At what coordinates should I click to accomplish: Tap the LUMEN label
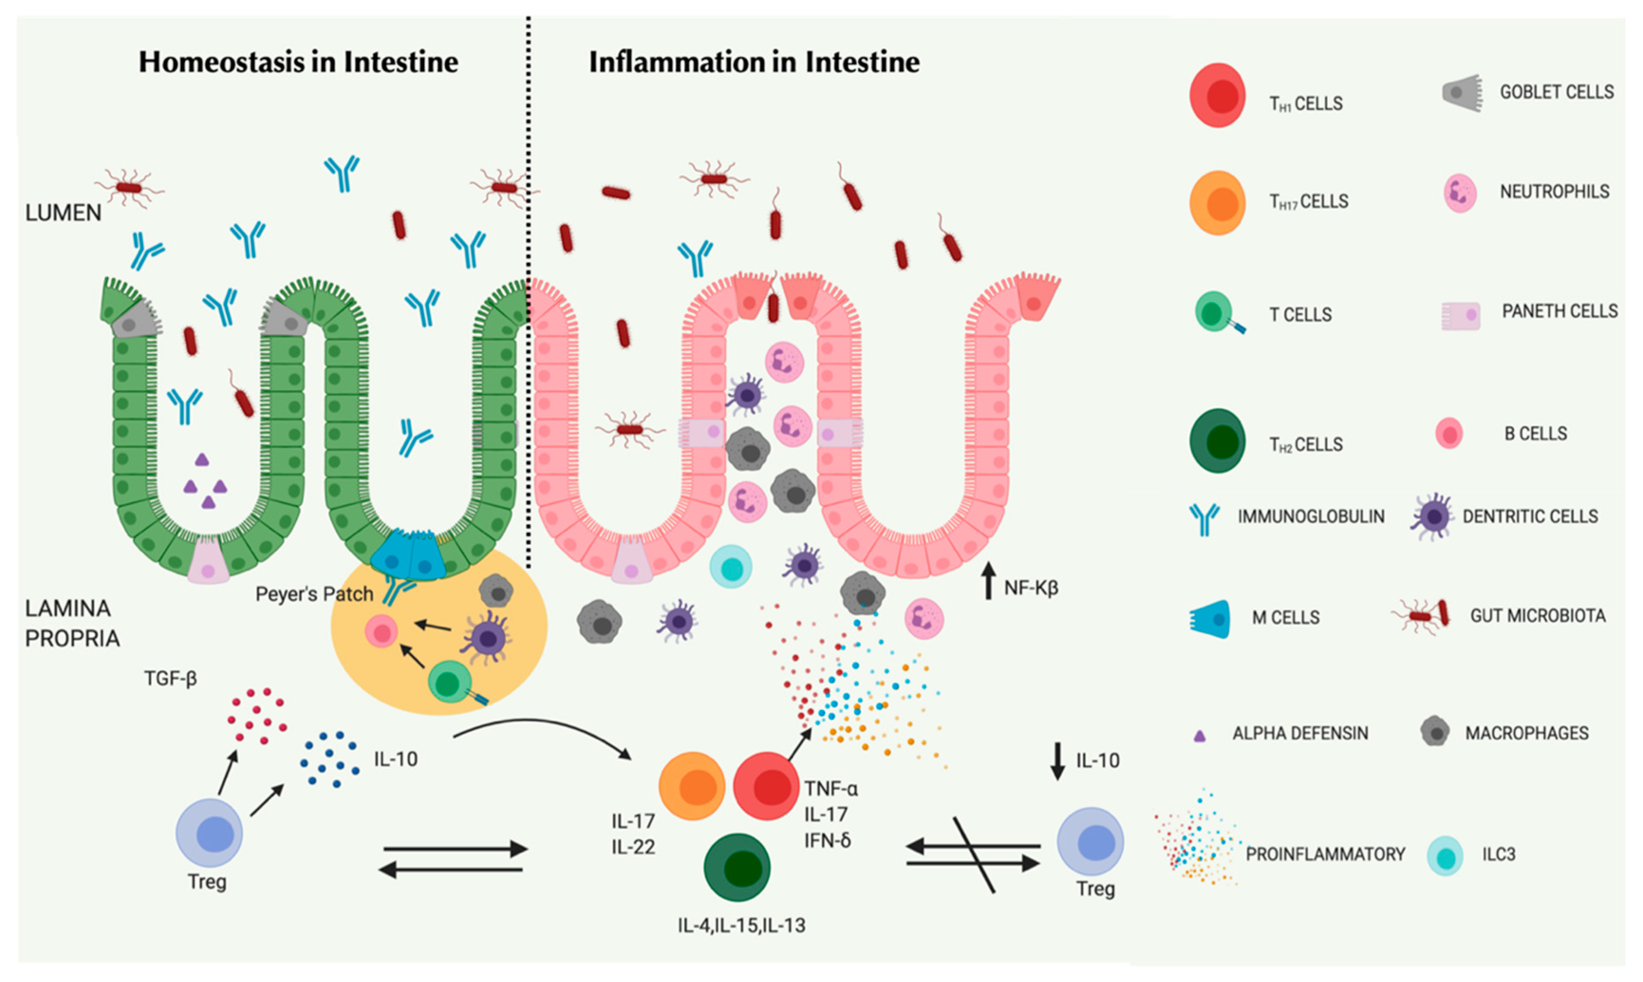coord(63,213)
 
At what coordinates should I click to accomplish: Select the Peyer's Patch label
coord(314,594)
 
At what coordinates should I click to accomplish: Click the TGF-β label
coord(171,679)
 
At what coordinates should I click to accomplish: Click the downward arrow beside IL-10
coord(1058,761)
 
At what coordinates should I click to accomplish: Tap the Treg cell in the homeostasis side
coord(209,833)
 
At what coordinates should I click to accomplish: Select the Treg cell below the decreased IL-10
coord(1091,842)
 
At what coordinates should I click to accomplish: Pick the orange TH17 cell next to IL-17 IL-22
coord(692,786)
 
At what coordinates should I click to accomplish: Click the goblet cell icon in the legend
coord(1462,93)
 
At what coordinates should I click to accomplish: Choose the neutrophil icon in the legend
coord(1459,193)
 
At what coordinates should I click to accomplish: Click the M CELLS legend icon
coord(1210,619)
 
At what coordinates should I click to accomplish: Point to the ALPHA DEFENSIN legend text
coord(1300,733)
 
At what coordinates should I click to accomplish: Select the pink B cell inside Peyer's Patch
coord(382,632)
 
